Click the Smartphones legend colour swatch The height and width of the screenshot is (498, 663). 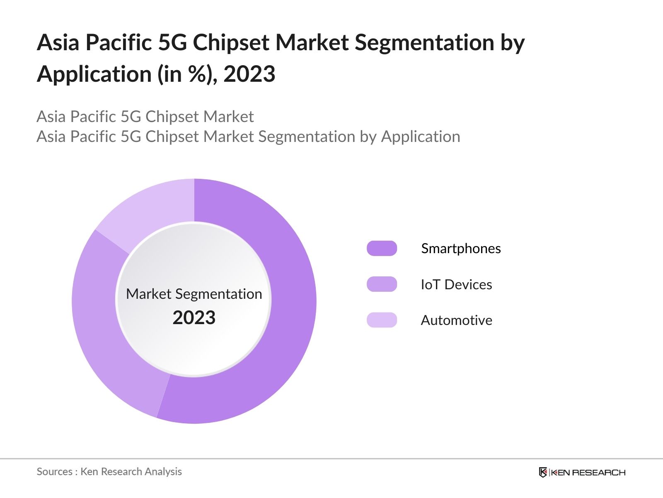click(x=382, y=248)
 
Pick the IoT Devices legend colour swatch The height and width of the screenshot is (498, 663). click(x=382, y=284)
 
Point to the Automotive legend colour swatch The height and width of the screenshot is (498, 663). click(x=382, y=320)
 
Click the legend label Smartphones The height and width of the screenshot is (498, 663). click(x=461, y=248)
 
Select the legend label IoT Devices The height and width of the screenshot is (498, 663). click(x=456, y=284)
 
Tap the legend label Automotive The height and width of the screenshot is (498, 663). click(x=456, y=320)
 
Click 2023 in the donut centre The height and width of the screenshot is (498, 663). click(x=194, y=317)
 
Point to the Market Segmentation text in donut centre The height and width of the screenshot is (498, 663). click(x=194, y=294)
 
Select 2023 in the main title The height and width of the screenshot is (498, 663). click(x=249, y=74)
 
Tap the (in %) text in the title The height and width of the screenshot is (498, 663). click(x=187, y=74)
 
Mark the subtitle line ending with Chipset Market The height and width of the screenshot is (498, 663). click(x=145, y=117)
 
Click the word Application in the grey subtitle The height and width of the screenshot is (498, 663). click(x=420, y=137)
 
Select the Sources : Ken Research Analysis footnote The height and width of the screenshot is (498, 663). click(x=109, y=471)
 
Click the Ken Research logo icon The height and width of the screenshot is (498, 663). click(x=543, y=472)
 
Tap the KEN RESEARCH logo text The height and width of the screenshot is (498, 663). click(x=588, y=472)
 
